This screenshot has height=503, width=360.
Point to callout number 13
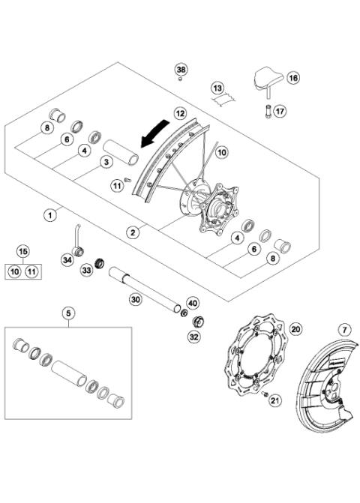(x=217, y=88)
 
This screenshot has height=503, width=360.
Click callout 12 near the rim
(x=179, y=112)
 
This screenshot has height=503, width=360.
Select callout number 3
(x=107, y=161)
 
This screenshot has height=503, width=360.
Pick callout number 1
(x=49, y=215)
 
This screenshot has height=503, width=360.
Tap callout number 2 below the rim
(x=133, y=232)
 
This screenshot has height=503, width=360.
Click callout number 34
(x=67, y=260)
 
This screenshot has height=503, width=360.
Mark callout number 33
(x=87, y=269)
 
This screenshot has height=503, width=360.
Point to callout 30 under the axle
(x=135, y=300)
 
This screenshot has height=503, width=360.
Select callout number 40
(x=192, y=304)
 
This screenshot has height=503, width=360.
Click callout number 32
(x=193, y=337)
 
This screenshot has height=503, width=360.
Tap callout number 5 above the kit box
(x=68, y=314)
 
